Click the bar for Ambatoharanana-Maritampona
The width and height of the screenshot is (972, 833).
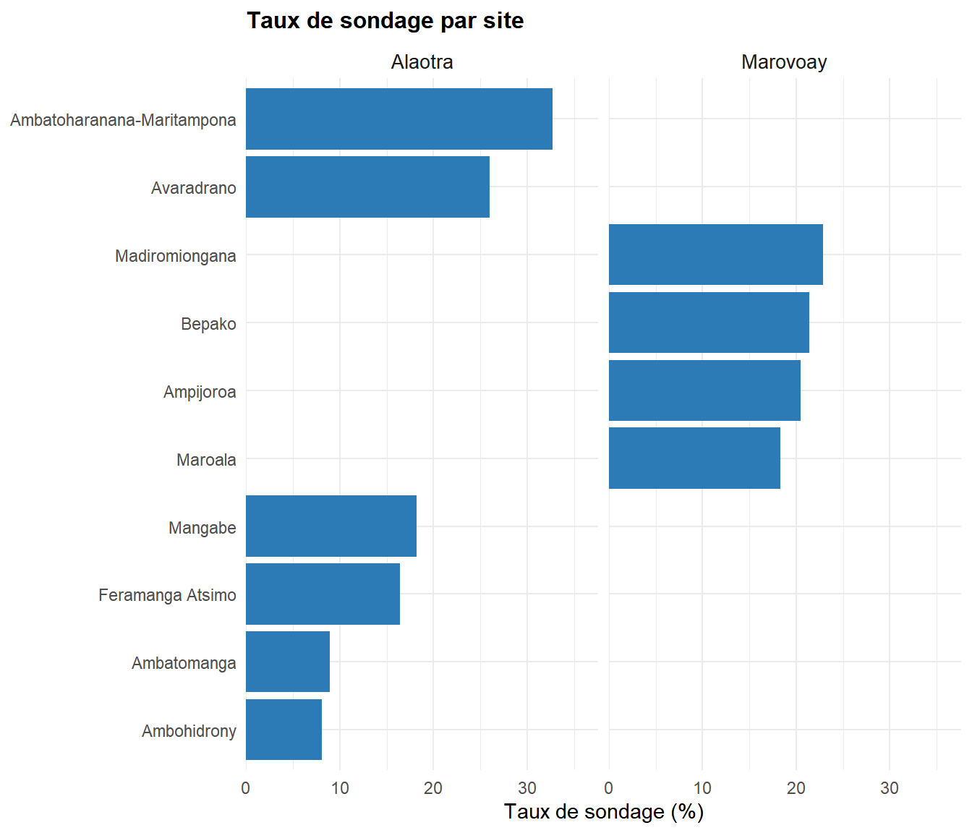coord(398,119)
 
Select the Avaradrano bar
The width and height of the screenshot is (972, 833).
coord(367,187)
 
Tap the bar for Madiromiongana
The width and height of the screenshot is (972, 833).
coord(715,255)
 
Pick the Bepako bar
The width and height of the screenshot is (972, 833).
coord(709,322)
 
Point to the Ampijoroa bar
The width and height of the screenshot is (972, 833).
coord(704,390)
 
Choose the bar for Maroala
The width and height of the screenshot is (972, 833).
coord(694,458)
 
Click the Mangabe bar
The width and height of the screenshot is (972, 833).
coord(331,526)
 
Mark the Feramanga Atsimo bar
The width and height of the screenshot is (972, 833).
coord(323,594)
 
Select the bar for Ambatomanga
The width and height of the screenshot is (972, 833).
coord(288,662)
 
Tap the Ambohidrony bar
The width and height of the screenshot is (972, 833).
coord(283,730)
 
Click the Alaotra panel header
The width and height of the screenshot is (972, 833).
coord(422,62)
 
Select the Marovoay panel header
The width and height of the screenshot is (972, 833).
coord(784,62)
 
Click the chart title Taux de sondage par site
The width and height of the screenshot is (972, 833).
coord(385,20)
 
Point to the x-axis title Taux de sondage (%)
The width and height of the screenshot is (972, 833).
coord(604,812)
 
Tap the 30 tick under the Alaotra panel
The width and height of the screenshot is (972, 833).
coord(527,788)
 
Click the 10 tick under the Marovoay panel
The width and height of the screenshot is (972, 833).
coord(702,788)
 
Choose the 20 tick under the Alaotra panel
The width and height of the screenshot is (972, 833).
coord(433,788)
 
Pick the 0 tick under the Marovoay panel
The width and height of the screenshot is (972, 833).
coord(609,788)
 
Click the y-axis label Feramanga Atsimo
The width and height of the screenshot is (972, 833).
coord(167,595)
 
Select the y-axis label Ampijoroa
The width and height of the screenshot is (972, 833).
coord(200,392)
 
